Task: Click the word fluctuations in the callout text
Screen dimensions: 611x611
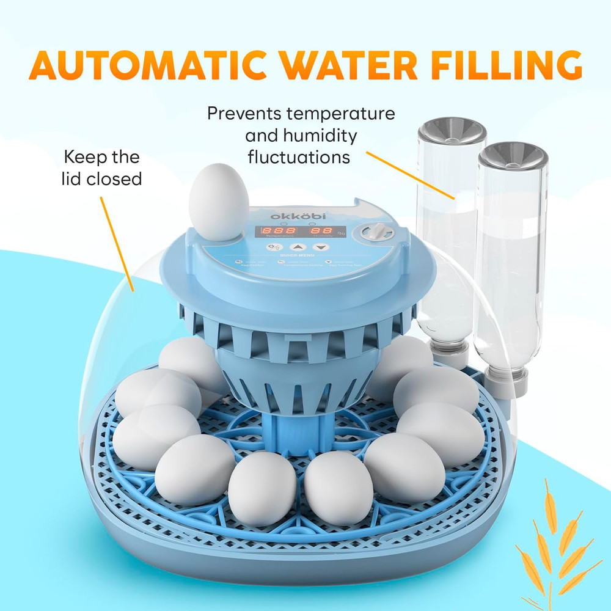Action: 299,156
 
